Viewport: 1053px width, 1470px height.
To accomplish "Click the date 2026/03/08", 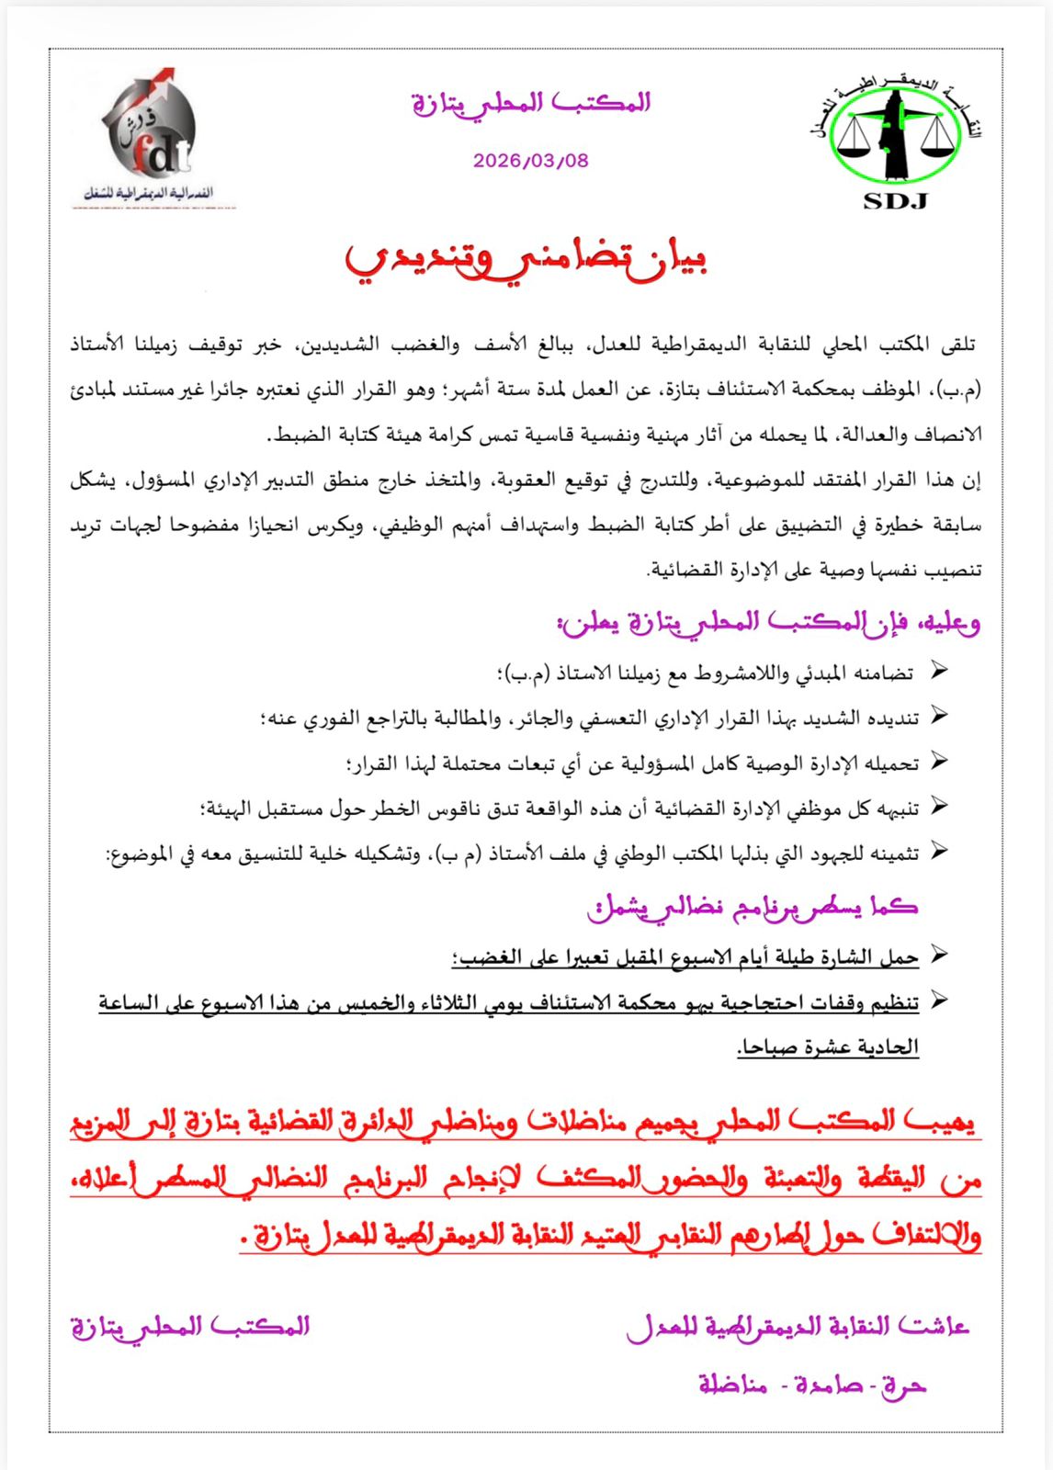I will click(530, 160).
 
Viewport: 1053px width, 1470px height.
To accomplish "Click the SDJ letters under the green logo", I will click(895, 201).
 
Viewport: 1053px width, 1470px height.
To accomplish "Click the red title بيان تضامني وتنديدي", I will click(526, 259).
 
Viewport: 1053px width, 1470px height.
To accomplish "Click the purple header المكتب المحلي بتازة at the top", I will click(531, 104).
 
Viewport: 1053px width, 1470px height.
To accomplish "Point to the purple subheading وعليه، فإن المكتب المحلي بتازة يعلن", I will click(768, 623).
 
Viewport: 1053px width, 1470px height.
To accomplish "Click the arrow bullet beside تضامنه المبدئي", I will click(938, 671).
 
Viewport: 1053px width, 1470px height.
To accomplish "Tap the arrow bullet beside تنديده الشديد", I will click(938, 716).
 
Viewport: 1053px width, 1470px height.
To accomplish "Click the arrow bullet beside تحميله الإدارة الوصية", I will click(938, 761).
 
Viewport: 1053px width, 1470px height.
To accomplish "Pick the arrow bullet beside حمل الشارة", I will click(938, 955).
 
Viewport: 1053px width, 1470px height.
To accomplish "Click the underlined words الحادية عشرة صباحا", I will click(827, 1046).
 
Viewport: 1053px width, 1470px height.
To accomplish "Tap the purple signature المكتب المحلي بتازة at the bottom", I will click(190, 1327).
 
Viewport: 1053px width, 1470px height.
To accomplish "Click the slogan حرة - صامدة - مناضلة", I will click(811, 1384).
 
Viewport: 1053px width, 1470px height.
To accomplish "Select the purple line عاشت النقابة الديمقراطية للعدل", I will click(798, 1327).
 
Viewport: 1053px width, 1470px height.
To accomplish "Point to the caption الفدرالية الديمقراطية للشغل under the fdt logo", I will click(148, 194).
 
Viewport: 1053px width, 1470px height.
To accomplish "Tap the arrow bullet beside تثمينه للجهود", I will click(938, 851).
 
